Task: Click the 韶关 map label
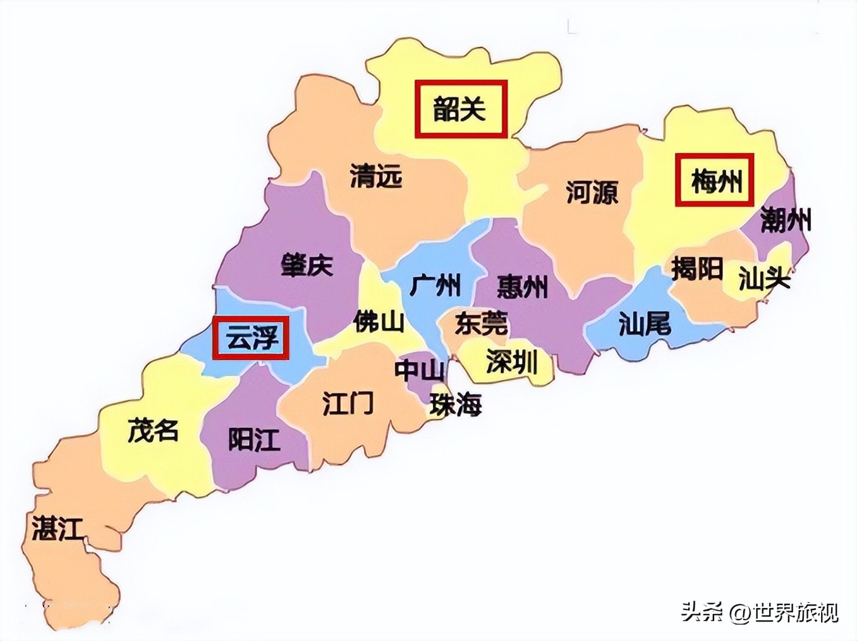(x=460, y=109)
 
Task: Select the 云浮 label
(x=252, y=338)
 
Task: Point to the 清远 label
(x=376, y=176)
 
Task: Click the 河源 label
(x=592, y=192)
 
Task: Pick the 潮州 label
(x=786, y=221)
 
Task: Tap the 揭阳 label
(x=696, y=269)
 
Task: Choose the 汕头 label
(x=764, y=278)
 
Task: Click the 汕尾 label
(x=644, y=324)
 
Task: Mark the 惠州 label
(x=522, y=286)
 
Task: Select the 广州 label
(x=435, y=285)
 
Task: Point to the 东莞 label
(x=481, y=324)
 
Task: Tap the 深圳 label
(x=511, y=362)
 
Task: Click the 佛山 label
(x=379, y=322)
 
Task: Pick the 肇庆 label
(x=307, y=265)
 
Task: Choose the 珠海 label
(x=456, y=405)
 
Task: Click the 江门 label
(x=348, y=403)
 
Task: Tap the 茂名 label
(x=153, y=430)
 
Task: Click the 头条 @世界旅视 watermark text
(x=760, y=613)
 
